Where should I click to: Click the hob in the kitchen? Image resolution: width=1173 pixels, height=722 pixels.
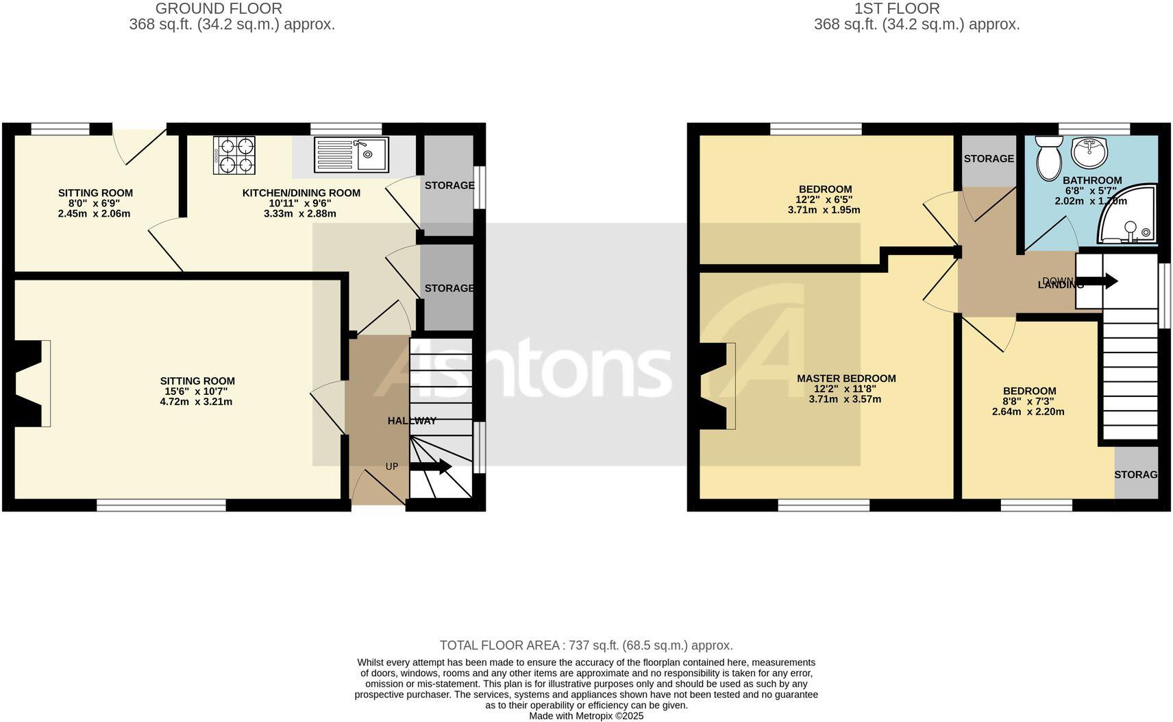click(x=234, y=155)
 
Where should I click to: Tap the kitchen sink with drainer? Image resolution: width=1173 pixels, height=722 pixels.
click(x=351, y=154)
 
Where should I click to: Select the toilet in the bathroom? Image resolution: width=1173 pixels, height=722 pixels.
click(x=1048, y=157)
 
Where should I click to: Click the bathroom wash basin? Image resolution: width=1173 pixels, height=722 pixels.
click(x=1089, y=152)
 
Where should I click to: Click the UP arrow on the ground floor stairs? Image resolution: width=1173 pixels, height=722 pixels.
click(x=430, y=467)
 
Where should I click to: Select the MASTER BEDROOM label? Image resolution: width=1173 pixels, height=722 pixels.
click(x=846, y=378)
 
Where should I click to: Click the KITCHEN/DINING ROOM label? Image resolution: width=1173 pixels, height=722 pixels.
click(x=301, y=193)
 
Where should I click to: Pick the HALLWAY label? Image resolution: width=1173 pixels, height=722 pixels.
click(x=412, y=421)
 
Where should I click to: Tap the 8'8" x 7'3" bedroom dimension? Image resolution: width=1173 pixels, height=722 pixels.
click(x=1028, y=402)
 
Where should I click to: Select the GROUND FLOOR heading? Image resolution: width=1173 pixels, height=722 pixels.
click(x=219, y=9)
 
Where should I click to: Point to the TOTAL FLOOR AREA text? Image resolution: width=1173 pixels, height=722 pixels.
click(x=586, y=645)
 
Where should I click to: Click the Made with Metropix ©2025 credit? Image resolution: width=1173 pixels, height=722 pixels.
click(x=586, y=716)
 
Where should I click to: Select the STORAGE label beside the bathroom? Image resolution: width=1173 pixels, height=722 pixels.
click(x=989, y=159)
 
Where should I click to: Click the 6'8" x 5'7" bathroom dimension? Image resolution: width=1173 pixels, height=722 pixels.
click(x=1092, y=191)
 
